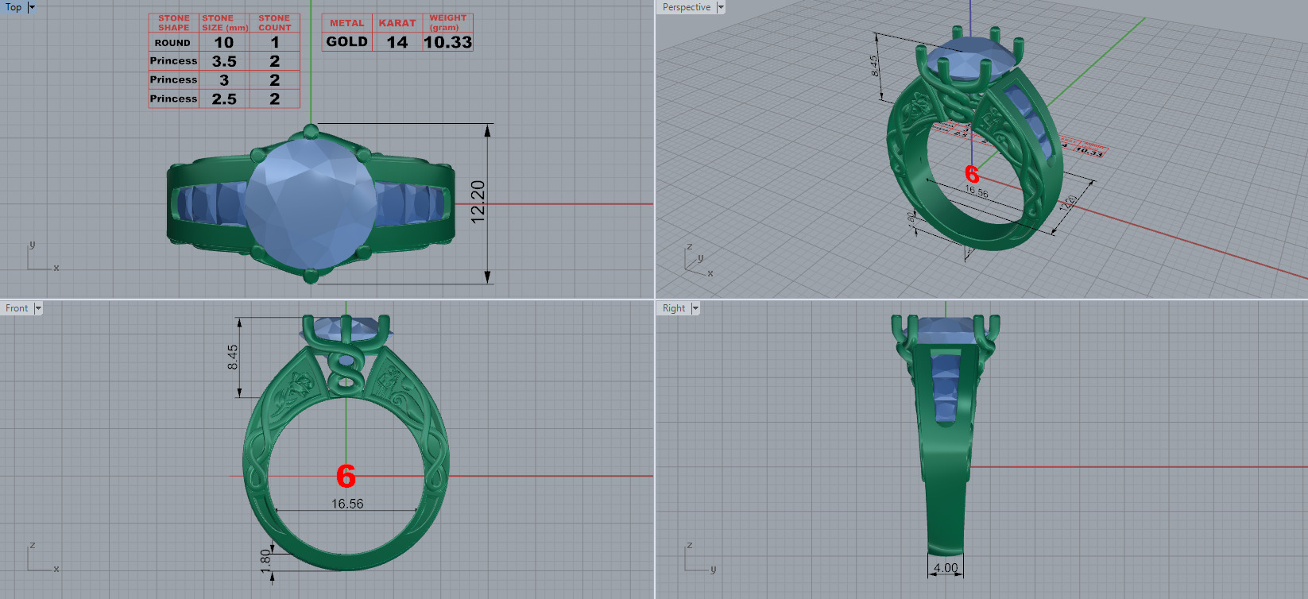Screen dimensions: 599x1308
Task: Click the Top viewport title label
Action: point(14,7)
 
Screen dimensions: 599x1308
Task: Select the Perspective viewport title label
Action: point(687,7)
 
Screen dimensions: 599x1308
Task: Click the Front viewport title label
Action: point(17,308)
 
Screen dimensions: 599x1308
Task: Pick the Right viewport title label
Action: point(673,308)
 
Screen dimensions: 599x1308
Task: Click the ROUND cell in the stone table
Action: point(172,43)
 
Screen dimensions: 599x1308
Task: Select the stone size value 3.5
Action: point(224,61)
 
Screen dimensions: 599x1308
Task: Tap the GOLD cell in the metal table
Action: point(347,42)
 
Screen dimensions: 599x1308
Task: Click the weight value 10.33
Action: point(447,42)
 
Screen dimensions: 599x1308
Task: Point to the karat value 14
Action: point(397,42)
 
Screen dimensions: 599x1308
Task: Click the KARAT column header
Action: point(397,23)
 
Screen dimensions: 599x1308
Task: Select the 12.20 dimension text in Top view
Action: point(478,202)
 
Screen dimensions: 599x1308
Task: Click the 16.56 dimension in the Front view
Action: point(347,504)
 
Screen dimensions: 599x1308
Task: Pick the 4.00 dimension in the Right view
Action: point(946,567)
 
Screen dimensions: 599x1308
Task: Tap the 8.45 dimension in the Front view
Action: point(233,357)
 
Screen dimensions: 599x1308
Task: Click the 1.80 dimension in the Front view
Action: point(265,558)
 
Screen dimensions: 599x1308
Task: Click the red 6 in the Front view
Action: point(346,477)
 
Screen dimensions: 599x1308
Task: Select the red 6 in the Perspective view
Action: point(972,174)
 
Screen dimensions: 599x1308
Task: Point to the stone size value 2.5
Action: point(224,99)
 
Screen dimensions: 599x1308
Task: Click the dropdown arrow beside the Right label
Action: point(695,308)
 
